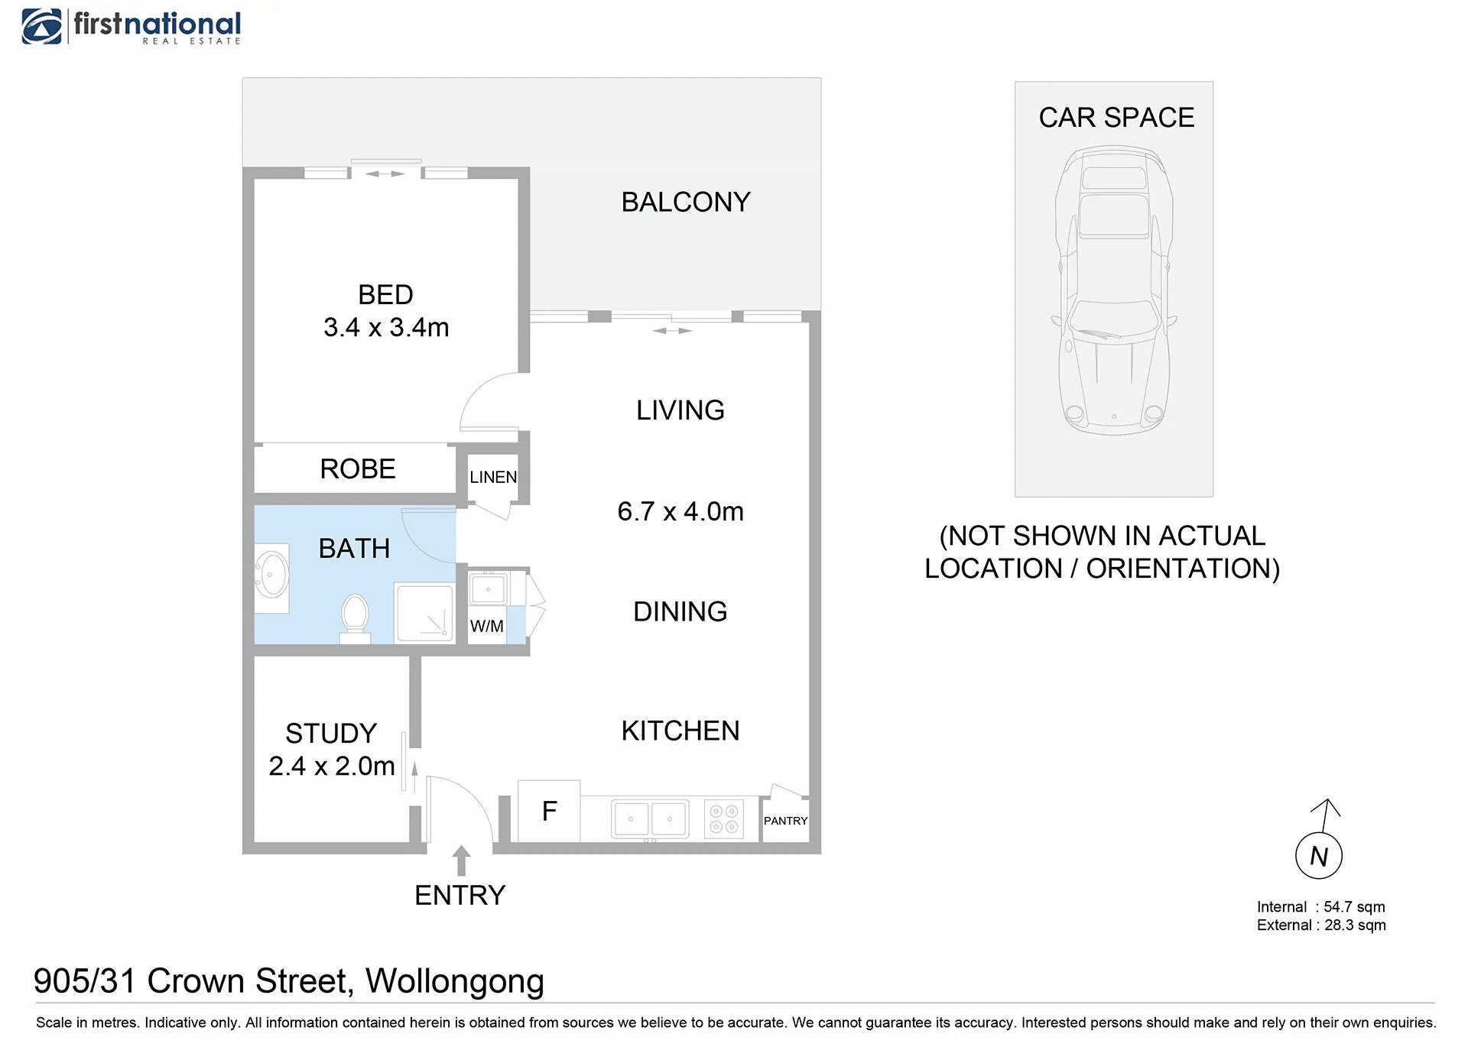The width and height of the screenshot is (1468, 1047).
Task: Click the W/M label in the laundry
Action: [x=487, y=626]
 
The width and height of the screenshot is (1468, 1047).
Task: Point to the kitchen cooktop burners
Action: [x=724, y=819]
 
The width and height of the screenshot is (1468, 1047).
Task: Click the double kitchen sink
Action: [x=650, y=818]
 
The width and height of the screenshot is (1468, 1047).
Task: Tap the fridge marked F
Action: [x=549, y=811]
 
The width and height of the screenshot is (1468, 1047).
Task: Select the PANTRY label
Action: [x=785, y=821]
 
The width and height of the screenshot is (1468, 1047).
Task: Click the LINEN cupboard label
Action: [x=493, y=477]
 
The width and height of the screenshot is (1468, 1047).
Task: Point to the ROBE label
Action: [x=358, y=468]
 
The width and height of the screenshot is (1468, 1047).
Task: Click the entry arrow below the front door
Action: [x=461, y=861]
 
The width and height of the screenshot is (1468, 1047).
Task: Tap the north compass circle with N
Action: [x=1319, y=856]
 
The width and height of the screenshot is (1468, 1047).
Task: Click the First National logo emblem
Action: [x=42, y=27]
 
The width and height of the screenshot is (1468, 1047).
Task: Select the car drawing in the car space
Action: [x=1114, y=290]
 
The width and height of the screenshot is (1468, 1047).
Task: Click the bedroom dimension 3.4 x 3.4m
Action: [x=386, y=327]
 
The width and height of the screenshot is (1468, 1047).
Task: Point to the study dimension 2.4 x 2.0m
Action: [x=332, y=766]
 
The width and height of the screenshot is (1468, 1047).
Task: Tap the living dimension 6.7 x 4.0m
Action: [x=680, y=511]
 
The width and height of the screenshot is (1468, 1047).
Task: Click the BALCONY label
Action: [x=686, y=202]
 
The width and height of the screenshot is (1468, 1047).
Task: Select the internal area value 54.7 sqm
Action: [x=1354, y=907]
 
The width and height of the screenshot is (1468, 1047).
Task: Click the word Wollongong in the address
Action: [x=455, y=982]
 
